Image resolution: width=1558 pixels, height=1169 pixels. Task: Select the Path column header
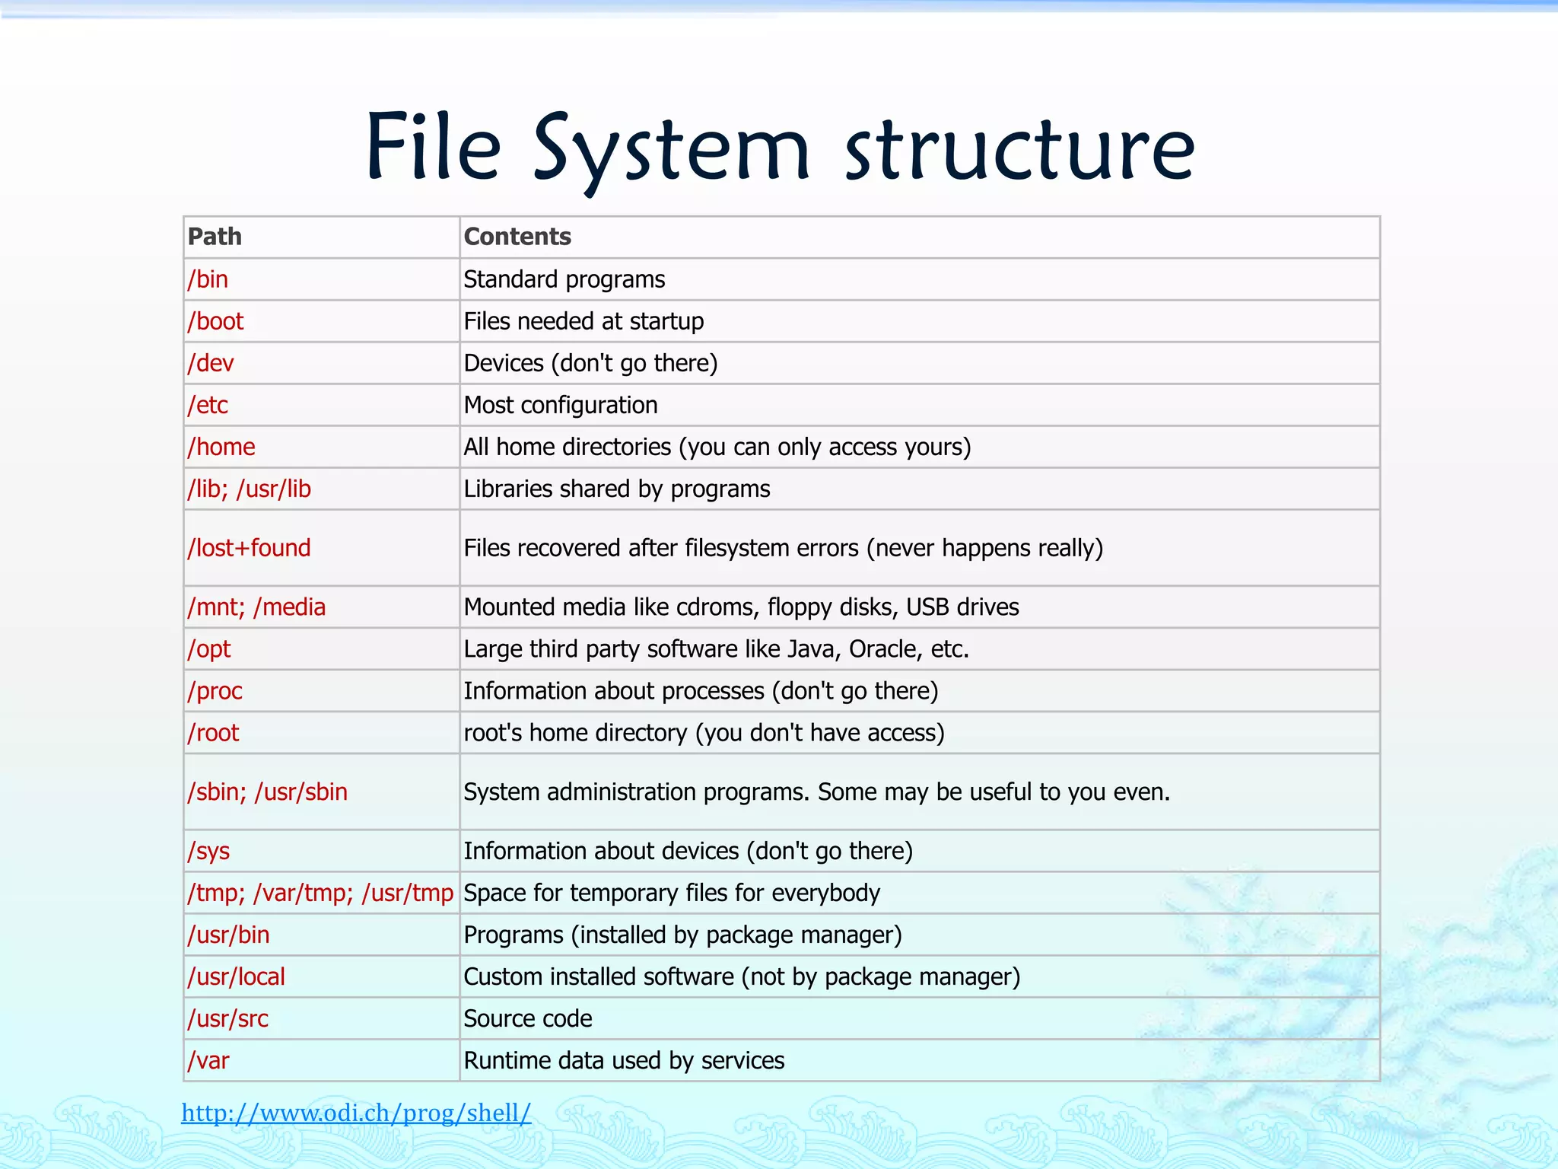[215, 237]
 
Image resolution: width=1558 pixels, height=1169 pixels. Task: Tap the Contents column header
[517, 237]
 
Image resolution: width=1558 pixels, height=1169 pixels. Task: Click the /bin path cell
[208, 279]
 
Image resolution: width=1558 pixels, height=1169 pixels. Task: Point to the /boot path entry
[216, 321]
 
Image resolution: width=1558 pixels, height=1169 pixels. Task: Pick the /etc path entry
[208, 405]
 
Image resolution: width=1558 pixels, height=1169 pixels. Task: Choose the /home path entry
[221, 447]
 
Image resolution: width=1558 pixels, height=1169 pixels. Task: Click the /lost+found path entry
[250, 548]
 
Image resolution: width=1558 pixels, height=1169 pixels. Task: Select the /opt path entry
[209, 649]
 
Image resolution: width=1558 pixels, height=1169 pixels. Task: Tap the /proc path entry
[215, 691]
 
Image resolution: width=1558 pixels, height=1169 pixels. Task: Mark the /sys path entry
[208, 851]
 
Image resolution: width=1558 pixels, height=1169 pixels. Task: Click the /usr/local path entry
[237, 976]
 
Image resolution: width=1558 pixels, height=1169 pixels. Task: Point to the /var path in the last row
[208, 1060]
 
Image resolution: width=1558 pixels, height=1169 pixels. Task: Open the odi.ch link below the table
[356, 1113]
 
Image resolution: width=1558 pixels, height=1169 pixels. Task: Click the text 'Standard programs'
[564, 279]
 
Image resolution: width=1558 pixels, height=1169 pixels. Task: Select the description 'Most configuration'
[561, 405]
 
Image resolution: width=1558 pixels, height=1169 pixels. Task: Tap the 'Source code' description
[528, 1018]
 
